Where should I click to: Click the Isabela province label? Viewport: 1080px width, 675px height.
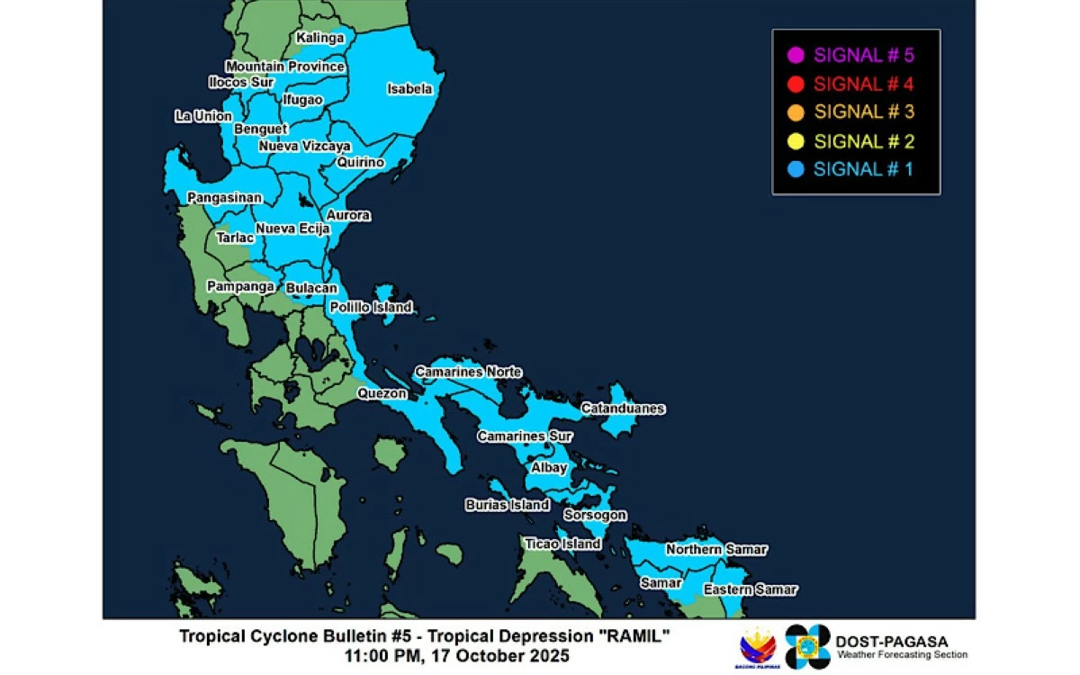pyautogui.click(x=409, y=89)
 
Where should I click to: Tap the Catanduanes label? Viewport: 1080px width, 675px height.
pyautogui.click(x=623, y=409)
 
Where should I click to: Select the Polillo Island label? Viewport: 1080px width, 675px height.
pyautogui.click(x=371, y=307)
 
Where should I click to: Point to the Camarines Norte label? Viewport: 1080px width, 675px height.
pyautogui.click(x=468, y=372)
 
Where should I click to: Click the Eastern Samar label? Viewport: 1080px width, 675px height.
pyautogui.click(x=750, y=589)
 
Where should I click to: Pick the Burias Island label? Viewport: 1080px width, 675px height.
pyautogui.click(x=507, y=505)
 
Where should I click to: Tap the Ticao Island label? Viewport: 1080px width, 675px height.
pyautogui.click(x=562, y=544)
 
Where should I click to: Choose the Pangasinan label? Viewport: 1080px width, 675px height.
pyautogui.click(x=224, y=197)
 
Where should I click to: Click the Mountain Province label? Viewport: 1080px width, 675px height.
pyautogui.click(x=285, y=67)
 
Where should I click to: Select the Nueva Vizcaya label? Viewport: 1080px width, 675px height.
pyautogui.click(x=305, y=146)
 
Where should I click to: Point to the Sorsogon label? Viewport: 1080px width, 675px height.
pyautogui.click(x=595, y=515)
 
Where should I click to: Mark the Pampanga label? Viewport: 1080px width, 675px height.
pyautogui.click(x=240, y=286)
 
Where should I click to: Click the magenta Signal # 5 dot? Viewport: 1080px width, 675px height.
pyautogui.click(x=795, y=55)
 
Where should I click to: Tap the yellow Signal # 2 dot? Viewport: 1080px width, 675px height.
pyautogui.click(x=795, y=141)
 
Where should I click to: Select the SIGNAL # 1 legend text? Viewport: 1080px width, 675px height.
pyautogui.click(x=863, y=169)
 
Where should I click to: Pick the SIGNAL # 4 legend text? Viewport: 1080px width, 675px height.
pyautogui.click(x=863, y=84)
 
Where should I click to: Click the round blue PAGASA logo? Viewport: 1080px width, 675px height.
pyautogui.click(x=807, y=646)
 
